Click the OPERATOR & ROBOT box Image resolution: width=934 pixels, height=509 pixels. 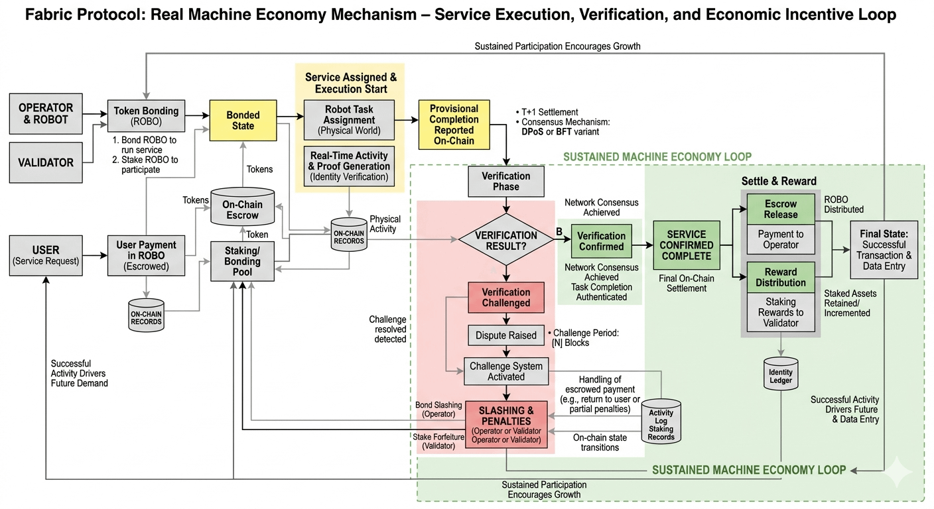pos(46,113)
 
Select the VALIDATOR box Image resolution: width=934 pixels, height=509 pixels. pos(46,162)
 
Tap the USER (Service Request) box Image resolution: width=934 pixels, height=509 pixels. pos(46,255)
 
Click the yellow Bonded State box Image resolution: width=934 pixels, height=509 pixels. pos(243,120)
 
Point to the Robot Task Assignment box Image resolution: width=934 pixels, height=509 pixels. pos(349,120)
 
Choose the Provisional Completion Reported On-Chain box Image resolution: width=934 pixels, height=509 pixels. pos(454,124)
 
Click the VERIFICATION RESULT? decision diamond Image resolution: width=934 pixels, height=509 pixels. pos(506,241)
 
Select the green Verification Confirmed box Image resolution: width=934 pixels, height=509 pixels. pos(601,241)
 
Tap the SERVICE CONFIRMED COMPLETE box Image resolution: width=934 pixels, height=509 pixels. pos(687,245)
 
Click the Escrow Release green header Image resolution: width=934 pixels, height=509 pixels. pos(781,209)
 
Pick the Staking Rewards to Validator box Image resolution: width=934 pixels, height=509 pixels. pos(781,312)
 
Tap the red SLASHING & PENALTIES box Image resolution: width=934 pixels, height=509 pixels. pos(506,425)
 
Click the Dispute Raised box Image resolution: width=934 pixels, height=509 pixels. pos(506,335)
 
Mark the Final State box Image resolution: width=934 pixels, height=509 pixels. pos(884,249)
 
